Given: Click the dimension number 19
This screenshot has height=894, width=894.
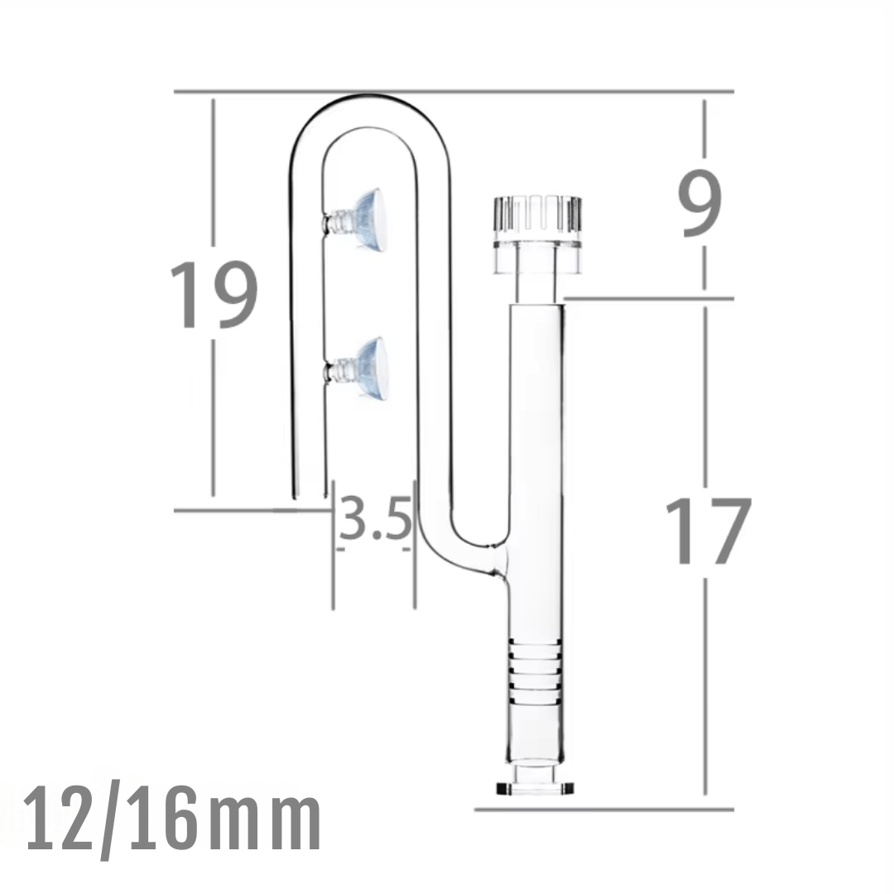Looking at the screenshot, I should [214, 296].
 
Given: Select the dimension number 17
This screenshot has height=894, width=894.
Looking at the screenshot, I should [708, 531].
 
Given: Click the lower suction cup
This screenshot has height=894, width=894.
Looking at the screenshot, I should [363, 368].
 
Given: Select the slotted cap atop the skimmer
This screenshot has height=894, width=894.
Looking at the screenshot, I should [536, 216].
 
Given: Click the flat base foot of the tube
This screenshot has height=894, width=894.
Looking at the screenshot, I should [536, 786].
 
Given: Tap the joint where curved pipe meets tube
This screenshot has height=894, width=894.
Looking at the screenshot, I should [497, 561].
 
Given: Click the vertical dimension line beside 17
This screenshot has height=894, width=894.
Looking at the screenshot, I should [705, 687].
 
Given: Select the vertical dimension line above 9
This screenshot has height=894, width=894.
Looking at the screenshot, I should [705, 137].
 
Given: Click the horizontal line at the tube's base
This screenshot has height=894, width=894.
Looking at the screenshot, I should [604, 809].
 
